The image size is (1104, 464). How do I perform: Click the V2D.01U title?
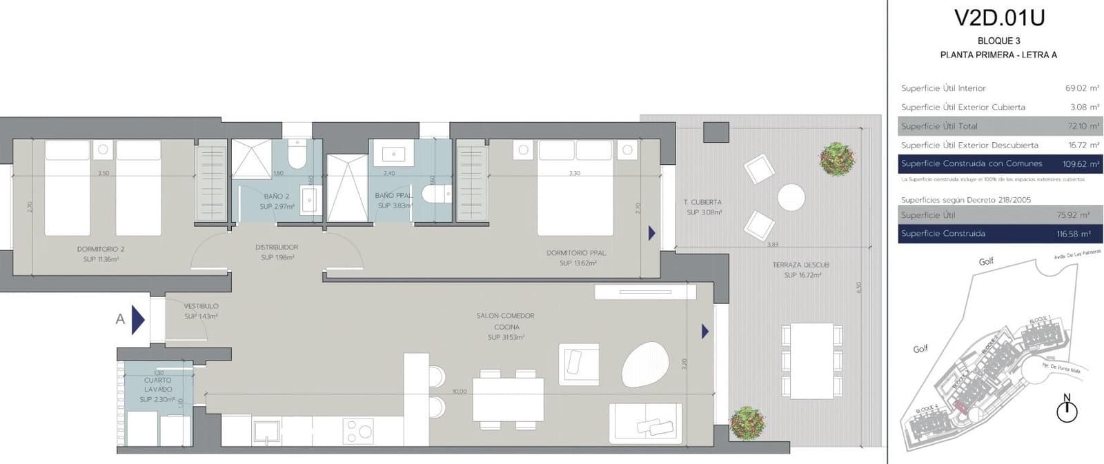[998, 17]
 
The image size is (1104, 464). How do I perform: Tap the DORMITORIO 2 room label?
[101, 249]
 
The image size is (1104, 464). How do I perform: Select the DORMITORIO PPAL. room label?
[576, 253]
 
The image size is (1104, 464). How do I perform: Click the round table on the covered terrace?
[791, 197]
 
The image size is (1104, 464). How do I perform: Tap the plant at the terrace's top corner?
[837, 159]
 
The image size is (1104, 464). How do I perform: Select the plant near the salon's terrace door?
[747, 421]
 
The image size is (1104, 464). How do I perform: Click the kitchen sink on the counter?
[266, 432]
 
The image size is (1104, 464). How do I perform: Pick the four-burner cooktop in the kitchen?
[358, 432]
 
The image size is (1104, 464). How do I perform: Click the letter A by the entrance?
[120, 319]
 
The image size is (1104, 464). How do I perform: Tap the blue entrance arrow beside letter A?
[138, 320]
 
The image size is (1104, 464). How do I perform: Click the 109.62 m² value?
[1081, 164]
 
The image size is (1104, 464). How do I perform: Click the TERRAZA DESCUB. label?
[800, 265]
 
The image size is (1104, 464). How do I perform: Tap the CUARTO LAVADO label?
[158, 385]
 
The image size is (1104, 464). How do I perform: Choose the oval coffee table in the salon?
[645, 363]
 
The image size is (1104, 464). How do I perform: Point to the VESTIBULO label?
[201, 306]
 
